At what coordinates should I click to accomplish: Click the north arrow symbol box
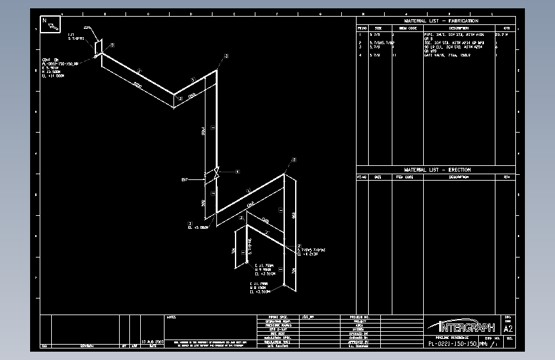click(50, 24)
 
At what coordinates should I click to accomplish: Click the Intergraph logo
click(460, 326)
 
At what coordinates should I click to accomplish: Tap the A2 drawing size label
click(509, 329)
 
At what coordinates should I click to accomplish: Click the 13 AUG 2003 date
click(152, 341)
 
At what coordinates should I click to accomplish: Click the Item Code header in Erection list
click(404, 177)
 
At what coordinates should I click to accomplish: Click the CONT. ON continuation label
click(49, 60)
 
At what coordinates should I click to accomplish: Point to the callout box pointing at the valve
click(237, 172)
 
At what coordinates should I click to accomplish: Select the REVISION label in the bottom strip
click(89, 347)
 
